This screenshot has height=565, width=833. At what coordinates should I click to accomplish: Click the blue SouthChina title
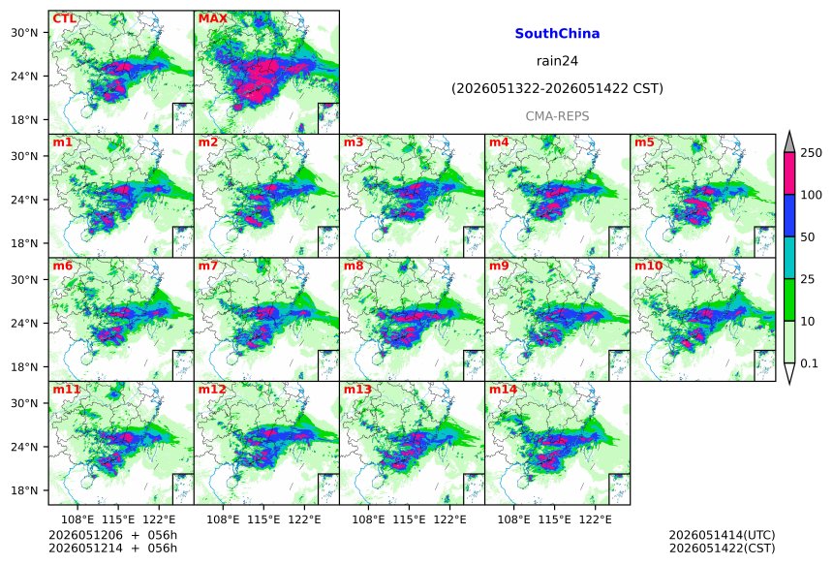(x=557, y=34)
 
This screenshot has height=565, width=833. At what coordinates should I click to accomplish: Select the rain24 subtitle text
(x=557, y=61)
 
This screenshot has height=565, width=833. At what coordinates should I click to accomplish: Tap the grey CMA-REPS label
(x=557, y=116)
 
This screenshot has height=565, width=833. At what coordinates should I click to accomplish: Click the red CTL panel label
(x=64, y=18)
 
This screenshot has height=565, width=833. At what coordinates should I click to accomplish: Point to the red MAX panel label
(x=212, y=18)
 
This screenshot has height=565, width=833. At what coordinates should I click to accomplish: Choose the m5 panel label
(x=644, y=142)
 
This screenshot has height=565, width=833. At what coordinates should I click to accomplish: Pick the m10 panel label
(x=648, y=266)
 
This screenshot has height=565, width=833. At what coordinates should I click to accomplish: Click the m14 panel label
(x=503, y=390)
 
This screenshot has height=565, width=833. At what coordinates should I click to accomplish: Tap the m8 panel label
(x=354, y=266)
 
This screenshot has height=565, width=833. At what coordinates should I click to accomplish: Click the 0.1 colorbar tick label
(x=809, y=363)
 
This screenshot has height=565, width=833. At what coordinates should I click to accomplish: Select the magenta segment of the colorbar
(x=788, y=173)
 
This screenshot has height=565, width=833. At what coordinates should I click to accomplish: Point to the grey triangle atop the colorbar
(x=788, y=141)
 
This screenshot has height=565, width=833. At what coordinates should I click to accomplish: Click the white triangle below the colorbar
(x=788, y=373)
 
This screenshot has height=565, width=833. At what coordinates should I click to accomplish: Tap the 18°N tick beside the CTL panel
(x=24, y=120)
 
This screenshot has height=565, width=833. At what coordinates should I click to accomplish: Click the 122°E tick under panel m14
(x=595, y=518)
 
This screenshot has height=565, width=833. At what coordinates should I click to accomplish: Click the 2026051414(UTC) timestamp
(x=722, y=535)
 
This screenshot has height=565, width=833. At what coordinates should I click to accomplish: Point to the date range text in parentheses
(x=557, y=89)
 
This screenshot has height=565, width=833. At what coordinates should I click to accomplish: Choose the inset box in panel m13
(x=474, y=489)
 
